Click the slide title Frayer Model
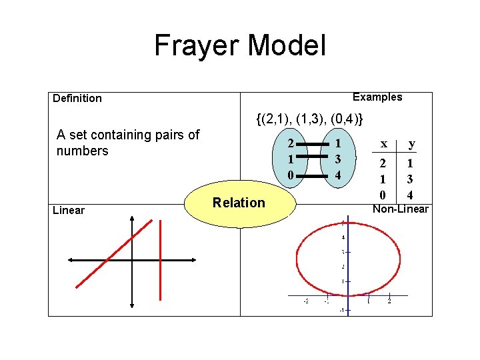[x=240, y=46]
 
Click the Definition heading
[x=77, y=98]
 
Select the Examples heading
[x=377, y=97]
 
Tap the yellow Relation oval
[x=239, y=203]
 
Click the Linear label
[x=69, y=211]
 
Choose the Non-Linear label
[x=400, y=209]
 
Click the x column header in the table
[x=383, y=143]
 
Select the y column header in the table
[x=411, y=143]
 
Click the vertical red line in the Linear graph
[x=161, y=247]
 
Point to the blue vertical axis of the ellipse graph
[x=348, y=267]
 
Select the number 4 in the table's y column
[x=411, y=195]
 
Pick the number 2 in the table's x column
[x=383, y=164]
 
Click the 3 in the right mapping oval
[x=338, y=159]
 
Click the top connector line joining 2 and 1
[x=314, y=143]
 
